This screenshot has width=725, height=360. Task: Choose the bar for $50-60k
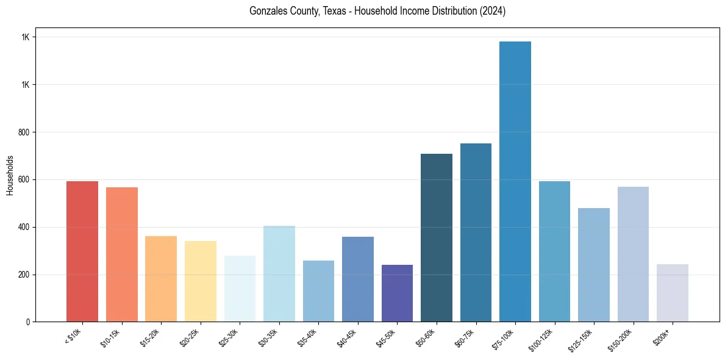tap(437, 238)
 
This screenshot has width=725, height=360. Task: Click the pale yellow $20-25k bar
tap(200, 281)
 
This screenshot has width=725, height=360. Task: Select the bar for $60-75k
tap(476, 232)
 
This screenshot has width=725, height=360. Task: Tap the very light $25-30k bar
tap(240, 289)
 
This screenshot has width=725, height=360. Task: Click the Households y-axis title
tap(10, 175)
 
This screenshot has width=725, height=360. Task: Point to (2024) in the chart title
tap(493, 12)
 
